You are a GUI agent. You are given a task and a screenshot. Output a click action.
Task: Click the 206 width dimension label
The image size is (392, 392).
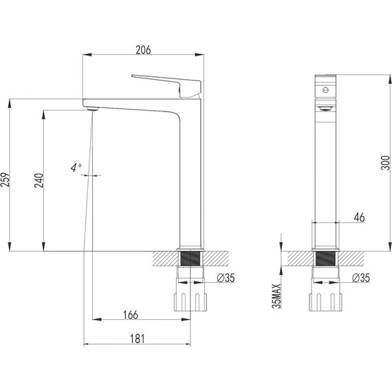click(143, 50)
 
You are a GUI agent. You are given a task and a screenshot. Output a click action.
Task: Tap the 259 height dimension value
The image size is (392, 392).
click(5, 179)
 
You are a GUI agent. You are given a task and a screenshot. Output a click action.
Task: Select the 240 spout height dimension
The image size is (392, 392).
click(39, 180)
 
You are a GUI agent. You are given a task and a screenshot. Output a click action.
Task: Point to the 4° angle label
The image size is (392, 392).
click(76, 168)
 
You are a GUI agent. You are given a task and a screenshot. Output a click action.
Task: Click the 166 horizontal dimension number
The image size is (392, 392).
click(130, 315)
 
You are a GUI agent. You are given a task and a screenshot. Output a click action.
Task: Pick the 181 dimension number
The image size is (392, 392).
click(138, 339)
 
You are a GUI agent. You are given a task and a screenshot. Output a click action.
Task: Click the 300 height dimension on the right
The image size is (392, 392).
click(385, 163)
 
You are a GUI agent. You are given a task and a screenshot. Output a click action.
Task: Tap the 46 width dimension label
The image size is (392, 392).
click(359, 217)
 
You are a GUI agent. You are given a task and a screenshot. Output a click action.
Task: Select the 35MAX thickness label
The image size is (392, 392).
click(277, 296)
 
